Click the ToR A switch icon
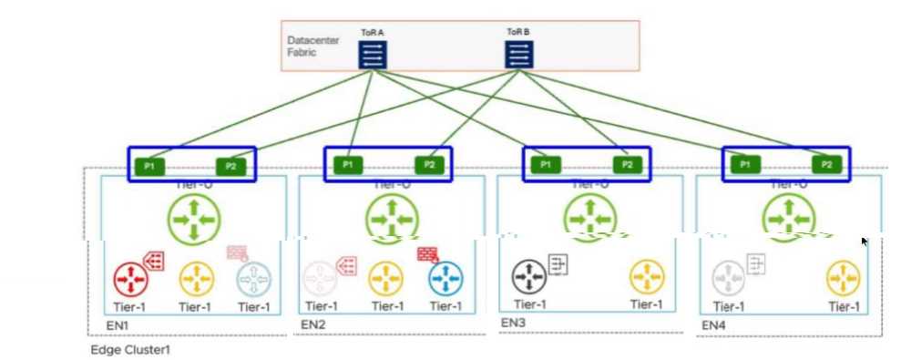click(373, 55)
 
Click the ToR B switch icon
click(519, 55)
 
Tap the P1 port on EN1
click(148, 165)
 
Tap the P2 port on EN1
click(230, 165)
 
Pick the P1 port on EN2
click(345, 165)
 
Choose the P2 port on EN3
click(627, 165)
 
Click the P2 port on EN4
click(826, 165)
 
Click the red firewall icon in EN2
click(427, 254)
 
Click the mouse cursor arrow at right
click(865, 242)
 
